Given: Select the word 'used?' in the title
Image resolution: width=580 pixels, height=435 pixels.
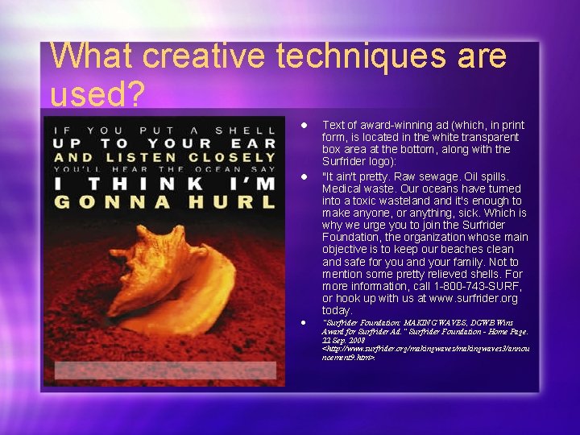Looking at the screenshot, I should (97, 95).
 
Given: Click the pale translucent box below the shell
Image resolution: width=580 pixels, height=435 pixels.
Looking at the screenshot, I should (164, 370).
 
